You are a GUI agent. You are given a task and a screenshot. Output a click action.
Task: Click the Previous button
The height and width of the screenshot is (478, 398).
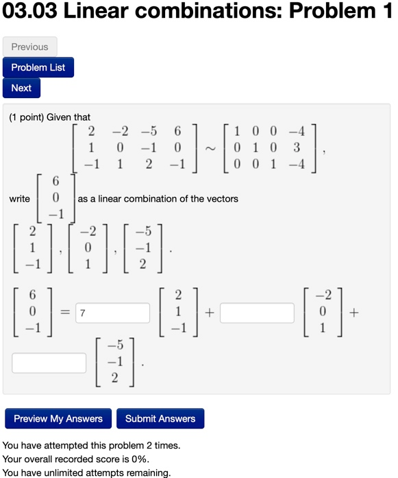(x=30, y=47)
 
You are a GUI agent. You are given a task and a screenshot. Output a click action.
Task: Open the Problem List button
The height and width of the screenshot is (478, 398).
(x=38, y=67)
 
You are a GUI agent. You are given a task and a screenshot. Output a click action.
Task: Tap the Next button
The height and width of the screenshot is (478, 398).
(x=21, y=88)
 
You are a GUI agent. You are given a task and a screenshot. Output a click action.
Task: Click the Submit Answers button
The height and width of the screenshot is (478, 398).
(x=160, y=418)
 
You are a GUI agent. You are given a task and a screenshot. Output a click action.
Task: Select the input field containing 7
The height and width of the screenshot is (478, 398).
(x=113, y=313)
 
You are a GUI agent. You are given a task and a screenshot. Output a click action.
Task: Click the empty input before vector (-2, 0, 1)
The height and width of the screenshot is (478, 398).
(x=257, y=313)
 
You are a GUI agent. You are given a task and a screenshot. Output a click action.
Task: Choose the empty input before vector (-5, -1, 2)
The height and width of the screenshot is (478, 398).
(x=49, y=363)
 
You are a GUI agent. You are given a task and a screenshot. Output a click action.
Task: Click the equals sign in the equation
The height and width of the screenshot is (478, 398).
(x=62, y=313)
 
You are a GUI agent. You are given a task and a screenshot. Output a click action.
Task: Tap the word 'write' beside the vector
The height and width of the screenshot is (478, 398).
(x=20, y=199)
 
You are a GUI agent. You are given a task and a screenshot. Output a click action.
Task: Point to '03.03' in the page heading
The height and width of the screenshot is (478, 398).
(x=31, y=12)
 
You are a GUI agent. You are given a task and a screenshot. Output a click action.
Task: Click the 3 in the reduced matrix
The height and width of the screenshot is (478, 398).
(x=297, y=147)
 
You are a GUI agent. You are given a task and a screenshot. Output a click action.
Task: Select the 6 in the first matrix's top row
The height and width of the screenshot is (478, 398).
(x=177, y=130)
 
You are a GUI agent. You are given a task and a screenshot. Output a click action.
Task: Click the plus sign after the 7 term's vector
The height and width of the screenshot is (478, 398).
(x=209, y=313)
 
